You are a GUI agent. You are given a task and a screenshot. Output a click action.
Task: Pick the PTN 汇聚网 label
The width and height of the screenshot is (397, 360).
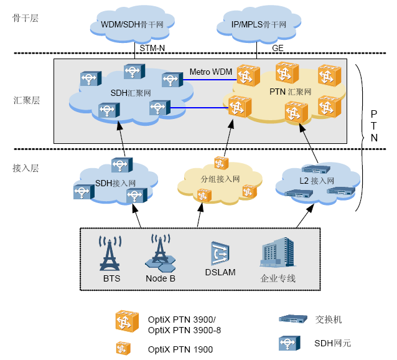(290, 92)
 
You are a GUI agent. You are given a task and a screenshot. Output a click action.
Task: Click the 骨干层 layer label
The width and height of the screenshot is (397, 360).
(26, 18)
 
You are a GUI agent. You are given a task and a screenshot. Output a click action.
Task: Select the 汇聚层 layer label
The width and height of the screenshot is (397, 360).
(26, 100)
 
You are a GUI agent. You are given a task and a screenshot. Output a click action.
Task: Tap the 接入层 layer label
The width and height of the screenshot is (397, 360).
(26, 168)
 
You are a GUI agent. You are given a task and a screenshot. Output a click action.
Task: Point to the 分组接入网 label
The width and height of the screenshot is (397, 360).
(220, 179)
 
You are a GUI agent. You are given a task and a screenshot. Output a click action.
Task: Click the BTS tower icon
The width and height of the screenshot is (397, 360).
(111, 253)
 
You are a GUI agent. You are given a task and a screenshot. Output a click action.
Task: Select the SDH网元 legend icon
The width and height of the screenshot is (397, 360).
(289, 343)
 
